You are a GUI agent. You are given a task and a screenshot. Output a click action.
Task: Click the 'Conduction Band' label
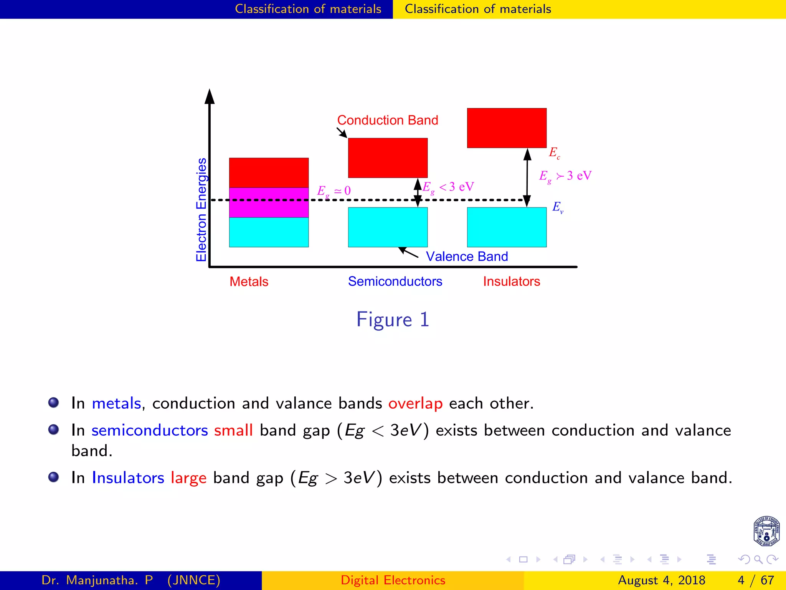(388, 120)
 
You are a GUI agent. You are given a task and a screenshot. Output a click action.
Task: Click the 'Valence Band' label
(467, 257)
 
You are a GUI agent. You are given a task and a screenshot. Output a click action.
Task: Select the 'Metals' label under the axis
(249, 282)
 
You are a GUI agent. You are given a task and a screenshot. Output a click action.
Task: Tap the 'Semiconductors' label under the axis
(395, 282)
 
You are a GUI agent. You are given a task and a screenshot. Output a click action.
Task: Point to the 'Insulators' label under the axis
(511, 282)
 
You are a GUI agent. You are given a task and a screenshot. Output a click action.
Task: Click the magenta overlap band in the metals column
(269, 202)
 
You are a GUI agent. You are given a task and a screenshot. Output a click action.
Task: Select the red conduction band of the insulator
(507, 128)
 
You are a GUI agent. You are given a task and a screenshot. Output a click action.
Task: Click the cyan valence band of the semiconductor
(388, 227)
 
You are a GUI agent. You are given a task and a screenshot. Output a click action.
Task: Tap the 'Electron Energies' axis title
(201, 210)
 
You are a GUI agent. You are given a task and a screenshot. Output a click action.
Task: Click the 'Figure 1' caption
(393, 320)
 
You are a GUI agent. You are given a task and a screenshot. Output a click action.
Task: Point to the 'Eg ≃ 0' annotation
(334, 191)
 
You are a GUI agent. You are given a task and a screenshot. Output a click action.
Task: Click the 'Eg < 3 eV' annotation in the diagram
(448, 187)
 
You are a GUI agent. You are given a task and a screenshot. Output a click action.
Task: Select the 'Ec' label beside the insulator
(555, 152)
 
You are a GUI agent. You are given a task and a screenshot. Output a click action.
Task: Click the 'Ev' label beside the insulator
(558, 207)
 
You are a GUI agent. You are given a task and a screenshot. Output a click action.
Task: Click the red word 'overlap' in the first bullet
(415, 403)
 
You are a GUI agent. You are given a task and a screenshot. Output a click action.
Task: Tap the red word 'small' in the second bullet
(233, 430)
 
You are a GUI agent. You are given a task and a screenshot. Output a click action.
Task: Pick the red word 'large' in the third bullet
(188, 478)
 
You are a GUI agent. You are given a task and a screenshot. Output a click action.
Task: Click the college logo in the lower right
(766, 531)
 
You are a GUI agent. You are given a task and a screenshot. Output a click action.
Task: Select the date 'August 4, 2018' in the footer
(661, 580)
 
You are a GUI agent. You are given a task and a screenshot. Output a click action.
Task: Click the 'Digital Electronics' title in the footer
(393, 580)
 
